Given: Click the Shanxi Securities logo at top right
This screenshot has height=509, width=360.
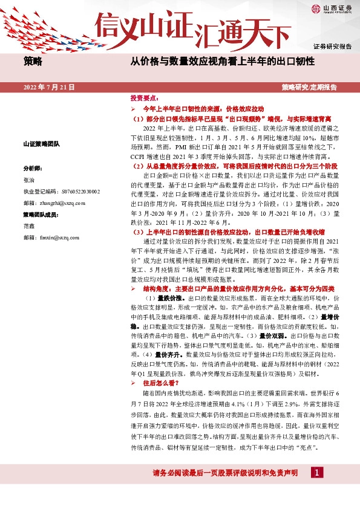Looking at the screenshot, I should point(332,9).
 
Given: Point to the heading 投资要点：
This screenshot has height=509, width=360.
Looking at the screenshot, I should point(144,97).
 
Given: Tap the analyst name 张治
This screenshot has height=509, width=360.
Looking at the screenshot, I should point(29,180).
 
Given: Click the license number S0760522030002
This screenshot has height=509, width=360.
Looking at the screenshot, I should point(77,192).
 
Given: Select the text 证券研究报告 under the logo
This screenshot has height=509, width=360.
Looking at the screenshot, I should point(332,47).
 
